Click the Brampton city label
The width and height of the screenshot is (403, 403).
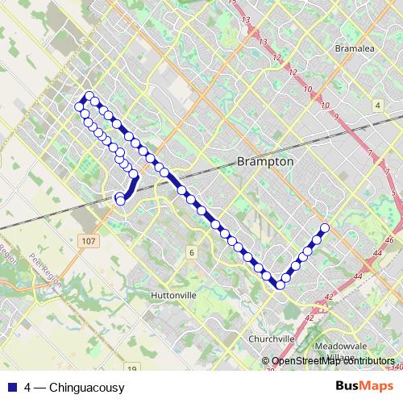point(265,162)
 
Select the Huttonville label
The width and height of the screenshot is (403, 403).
point(173,296)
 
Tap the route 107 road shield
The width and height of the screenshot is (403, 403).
point(89,240)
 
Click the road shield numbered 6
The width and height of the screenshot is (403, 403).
point(192,252)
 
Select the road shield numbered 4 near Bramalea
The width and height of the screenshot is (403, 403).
point(377,106)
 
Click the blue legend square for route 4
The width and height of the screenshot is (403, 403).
point(13,388)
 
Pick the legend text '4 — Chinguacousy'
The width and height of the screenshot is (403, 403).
point(74,388)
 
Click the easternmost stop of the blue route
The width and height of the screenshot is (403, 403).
point(325,227)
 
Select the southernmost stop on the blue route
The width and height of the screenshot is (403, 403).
point(280,285)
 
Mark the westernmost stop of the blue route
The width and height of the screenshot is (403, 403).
point(80,106)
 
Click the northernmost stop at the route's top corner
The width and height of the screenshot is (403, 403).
point(88,97)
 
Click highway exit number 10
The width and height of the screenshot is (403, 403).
point(326,106)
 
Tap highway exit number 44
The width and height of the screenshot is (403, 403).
point(376,253)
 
